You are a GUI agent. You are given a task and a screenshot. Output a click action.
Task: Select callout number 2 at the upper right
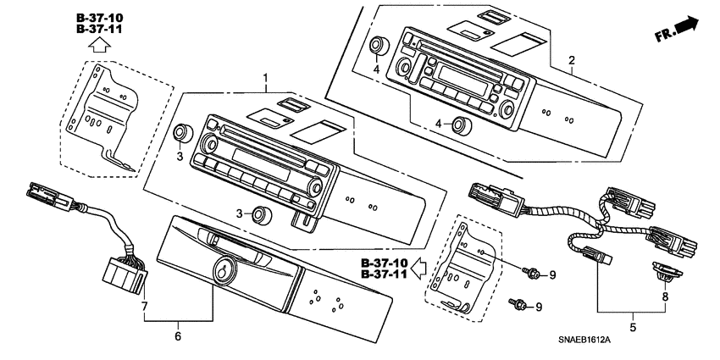(x=572, y=60)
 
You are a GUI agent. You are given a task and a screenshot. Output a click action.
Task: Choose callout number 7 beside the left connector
(x=145, y=305)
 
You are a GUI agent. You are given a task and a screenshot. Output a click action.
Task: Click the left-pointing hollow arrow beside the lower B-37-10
(x=418, y=269)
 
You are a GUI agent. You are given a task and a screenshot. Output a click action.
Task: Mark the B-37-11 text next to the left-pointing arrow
(x=384, y=275)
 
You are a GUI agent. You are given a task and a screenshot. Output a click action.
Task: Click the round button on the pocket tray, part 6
(x=222, y=270)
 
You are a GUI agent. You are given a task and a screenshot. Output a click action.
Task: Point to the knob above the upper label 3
(x=180, y=133)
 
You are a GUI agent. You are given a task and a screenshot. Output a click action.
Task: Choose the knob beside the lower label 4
(x=461, y=125)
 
